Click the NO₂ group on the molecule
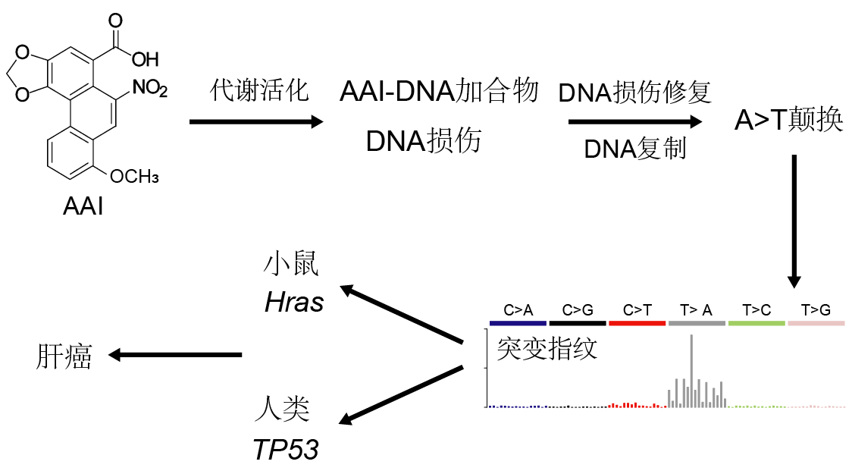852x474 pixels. (x=150, y=87)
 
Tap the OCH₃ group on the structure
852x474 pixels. (x=134, y=176)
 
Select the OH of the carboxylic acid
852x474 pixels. (x=145, y=59)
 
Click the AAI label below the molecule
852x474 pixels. (x=83, y=206)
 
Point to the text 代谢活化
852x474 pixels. (x=259, y=90)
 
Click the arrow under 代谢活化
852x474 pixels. (x=256, y=122)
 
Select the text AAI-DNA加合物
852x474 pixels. (x=439, y=91)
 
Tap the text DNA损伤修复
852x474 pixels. (x=634, y=93)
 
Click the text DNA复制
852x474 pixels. (x=635, y=149)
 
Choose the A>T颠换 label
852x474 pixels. (x=788, y=120)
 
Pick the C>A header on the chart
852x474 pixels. (x=518, y=310)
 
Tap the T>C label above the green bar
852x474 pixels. (x=756, y=310)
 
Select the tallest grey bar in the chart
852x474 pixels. (x=692, y=371)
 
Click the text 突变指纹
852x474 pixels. (x=547, y=348)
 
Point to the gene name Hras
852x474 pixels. (x=294, y=303)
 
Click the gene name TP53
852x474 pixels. (x=286, y=450)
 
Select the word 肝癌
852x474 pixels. (x=64, y=356)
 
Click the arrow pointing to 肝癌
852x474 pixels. (x=175, y=355)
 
